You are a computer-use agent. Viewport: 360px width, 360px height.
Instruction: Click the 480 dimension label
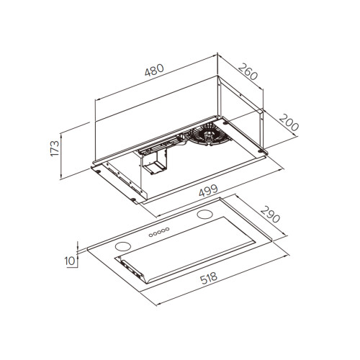coord(154,70)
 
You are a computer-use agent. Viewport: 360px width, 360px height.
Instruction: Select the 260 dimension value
coord(248,71)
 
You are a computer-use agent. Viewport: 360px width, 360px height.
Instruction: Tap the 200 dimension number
coord(289,122)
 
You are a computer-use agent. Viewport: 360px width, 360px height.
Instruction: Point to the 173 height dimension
coord(55,148)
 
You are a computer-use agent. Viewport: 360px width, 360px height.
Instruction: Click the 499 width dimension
coord(208,190)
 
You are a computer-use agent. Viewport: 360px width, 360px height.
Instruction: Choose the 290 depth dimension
coord(270,214)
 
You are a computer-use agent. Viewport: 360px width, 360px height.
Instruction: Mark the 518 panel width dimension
coord(209,278)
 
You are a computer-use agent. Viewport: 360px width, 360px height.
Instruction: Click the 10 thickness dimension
coord(70,261)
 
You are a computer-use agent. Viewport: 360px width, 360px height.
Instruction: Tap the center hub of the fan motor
coord(208,135)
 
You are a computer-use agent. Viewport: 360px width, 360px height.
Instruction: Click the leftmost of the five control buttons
coord(150,235)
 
